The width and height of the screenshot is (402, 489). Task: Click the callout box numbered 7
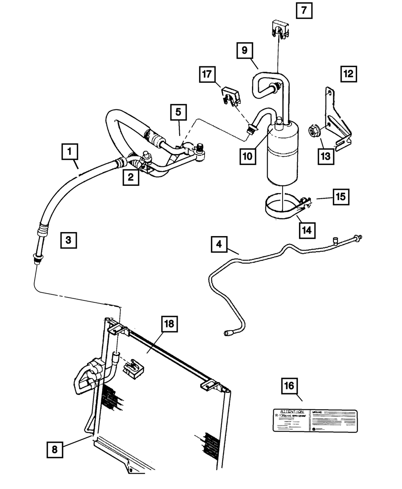(304, 11)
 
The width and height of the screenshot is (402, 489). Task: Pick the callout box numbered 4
(218, 244)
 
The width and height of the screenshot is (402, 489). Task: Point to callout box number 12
(349, 74)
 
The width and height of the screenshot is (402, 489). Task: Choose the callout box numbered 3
(68, 240)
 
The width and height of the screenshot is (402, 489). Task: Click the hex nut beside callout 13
(314, 131)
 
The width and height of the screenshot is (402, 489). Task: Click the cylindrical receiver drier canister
(282, 155)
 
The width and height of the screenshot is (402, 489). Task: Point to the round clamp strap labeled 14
(281, 209)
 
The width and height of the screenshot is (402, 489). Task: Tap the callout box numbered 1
(70, 152)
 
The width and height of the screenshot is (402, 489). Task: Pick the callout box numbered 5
(178, 112)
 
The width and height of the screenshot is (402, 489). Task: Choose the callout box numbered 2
(131, 177)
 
